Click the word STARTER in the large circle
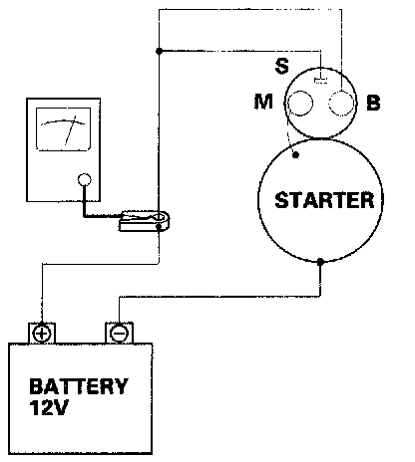click(x=324, y=200)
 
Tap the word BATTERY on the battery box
click(x=79, y=386)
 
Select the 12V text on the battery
click(x=49, y=408)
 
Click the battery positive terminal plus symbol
click(x=42, y=333)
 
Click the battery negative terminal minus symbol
click(x=119, y=334)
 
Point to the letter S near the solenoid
click(x=282, y=66)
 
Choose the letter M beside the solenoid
click(x=263, y=102)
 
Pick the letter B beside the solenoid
click(x=373, y=103)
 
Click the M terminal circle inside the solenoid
click(x=300, y=104)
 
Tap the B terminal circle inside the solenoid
click(x=341, y=103)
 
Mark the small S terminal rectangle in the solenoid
click(x=320, y=80)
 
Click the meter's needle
click(x=71, y=130)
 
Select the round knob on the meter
click(x=85, y=180)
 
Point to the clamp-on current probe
click(x=145, y=221)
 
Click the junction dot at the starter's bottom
click(x=320, y=262)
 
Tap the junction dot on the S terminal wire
click(x=160, y=51)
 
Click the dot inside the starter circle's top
click(x=295, y=154)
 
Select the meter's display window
click(x=63, y=129)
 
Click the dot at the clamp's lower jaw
click(x=159, y=227)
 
